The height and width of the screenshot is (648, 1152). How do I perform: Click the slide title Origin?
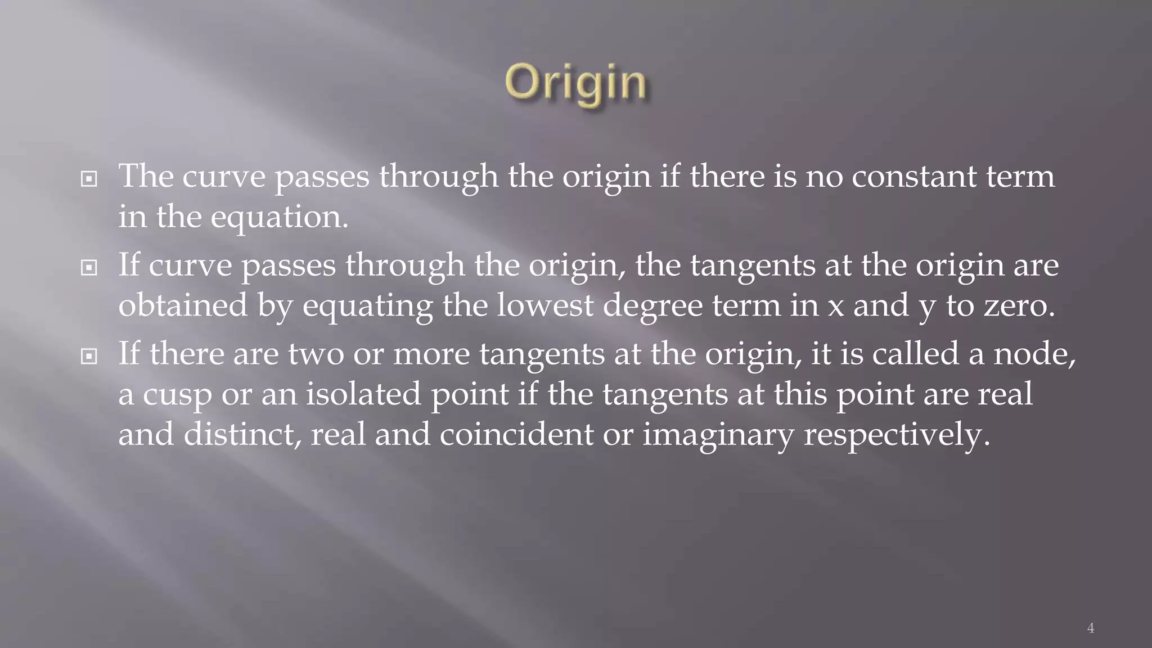(575, 83)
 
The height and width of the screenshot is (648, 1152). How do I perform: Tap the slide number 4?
(1090, 628)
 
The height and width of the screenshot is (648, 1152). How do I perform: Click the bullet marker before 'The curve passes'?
(89, 179)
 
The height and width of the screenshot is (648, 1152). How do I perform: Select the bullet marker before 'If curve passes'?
(89, 268)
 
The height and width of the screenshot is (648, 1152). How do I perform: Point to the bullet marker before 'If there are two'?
(89, 356)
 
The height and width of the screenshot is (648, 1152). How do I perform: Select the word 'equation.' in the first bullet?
(280, 217)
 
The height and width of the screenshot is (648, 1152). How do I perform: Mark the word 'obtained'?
(183, 305)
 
